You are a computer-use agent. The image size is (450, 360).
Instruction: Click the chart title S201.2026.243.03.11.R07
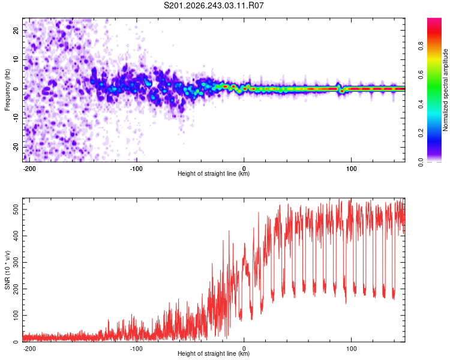point(214,5)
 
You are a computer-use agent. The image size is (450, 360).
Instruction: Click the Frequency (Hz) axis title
point(7,89)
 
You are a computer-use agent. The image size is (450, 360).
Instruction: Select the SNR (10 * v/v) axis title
point(7,270)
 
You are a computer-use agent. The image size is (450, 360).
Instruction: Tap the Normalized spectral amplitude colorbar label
point(445,90)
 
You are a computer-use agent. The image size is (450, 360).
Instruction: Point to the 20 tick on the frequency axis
point(16,30)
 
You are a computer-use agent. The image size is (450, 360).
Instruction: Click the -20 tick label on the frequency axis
point(16,148)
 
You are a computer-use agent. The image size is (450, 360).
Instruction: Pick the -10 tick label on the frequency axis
point(16,118)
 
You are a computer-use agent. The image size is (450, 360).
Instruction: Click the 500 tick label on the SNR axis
point(16,209)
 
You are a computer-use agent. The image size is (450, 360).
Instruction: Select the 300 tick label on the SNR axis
point(16,262)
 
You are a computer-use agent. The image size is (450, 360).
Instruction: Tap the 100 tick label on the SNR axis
point(16,316)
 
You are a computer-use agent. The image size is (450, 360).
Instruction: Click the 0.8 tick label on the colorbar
point(421,46)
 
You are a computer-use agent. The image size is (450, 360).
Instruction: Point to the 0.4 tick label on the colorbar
point(421,104)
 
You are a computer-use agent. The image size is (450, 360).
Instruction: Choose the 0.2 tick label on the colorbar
point(421,133)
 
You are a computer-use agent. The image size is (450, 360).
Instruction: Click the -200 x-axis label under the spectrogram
point(29,169)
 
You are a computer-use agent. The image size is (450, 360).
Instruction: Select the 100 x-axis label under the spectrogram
point(351,169)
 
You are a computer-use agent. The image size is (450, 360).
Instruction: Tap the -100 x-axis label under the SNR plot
point(136,349)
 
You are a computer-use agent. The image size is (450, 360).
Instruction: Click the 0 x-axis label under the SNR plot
point(244,349)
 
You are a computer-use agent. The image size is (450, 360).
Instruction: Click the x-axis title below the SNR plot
point(214,353)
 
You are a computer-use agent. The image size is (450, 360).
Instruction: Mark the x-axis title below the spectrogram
point(214,173)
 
